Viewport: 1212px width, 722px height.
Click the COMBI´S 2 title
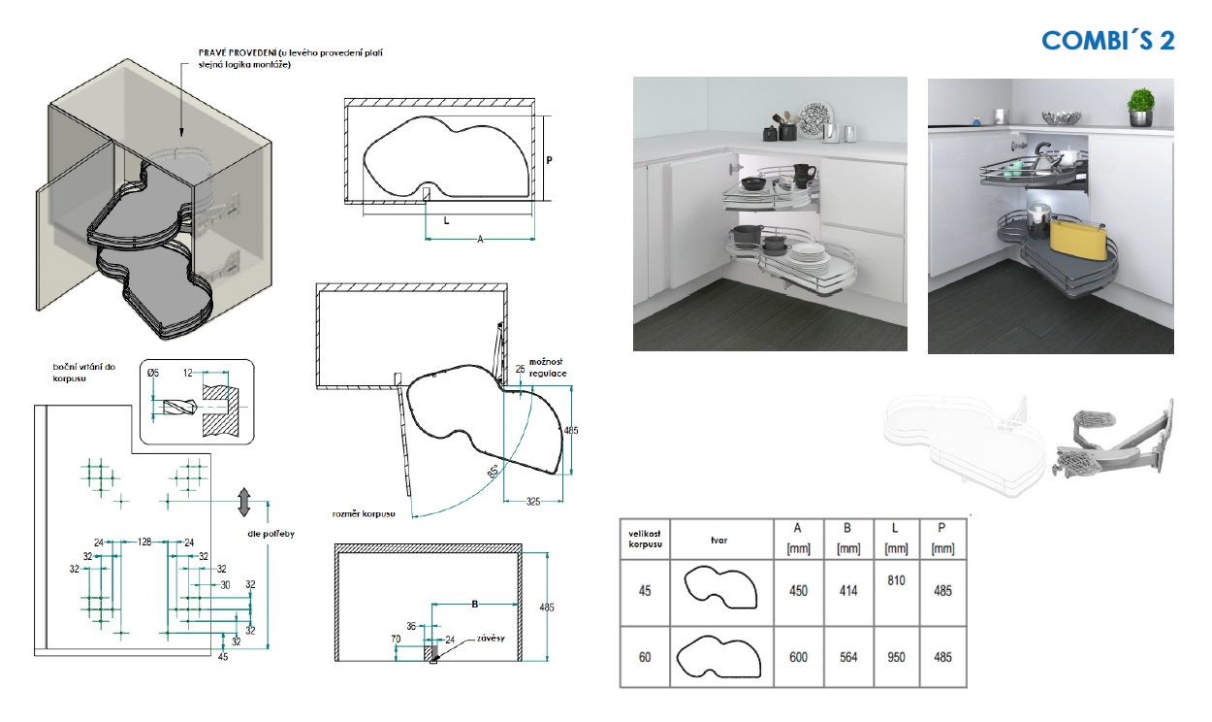click(x=1108, y=40)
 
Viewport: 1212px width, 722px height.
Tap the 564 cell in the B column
click(x=847, y=657)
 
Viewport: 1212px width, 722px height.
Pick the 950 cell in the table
click(x=896, y=657)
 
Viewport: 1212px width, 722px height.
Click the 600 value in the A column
click(x=798, y=657)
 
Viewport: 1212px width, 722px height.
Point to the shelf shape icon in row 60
click(x=718, y=656)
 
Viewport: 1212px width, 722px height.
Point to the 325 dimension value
click(x=532, y=502)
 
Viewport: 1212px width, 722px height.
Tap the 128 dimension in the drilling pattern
click(x=144, y=541)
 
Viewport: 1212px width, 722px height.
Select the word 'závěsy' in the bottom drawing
click(x=489, y=640)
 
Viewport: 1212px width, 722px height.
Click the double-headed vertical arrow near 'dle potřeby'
click(x=243, y=502)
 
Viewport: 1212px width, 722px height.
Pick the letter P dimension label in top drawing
click(x=549, y=162)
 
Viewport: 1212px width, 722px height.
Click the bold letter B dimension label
click(x=474, y=604)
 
